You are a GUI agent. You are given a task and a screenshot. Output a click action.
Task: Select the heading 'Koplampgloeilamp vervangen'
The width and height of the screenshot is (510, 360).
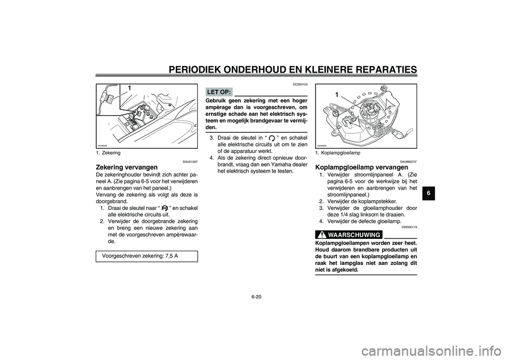point(362,167)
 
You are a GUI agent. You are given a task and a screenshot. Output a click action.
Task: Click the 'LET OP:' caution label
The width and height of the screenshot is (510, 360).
point(218,92)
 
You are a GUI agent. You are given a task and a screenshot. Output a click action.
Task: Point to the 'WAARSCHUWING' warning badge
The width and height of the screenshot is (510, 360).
point(349,235)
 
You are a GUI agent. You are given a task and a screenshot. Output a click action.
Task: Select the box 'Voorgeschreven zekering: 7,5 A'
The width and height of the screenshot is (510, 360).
point(147,255)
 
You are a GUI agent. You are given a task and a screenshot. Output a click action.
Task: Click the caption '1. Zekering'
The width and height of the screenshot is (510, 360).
point(108,153)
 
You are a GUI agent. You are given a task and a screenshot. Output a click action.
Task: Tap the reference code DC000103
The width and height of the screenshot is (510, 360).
point(300,84)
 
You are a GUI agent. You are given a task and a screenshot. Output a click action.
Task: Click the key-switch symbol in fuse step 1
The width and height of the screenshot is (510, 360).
point(163,207)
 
